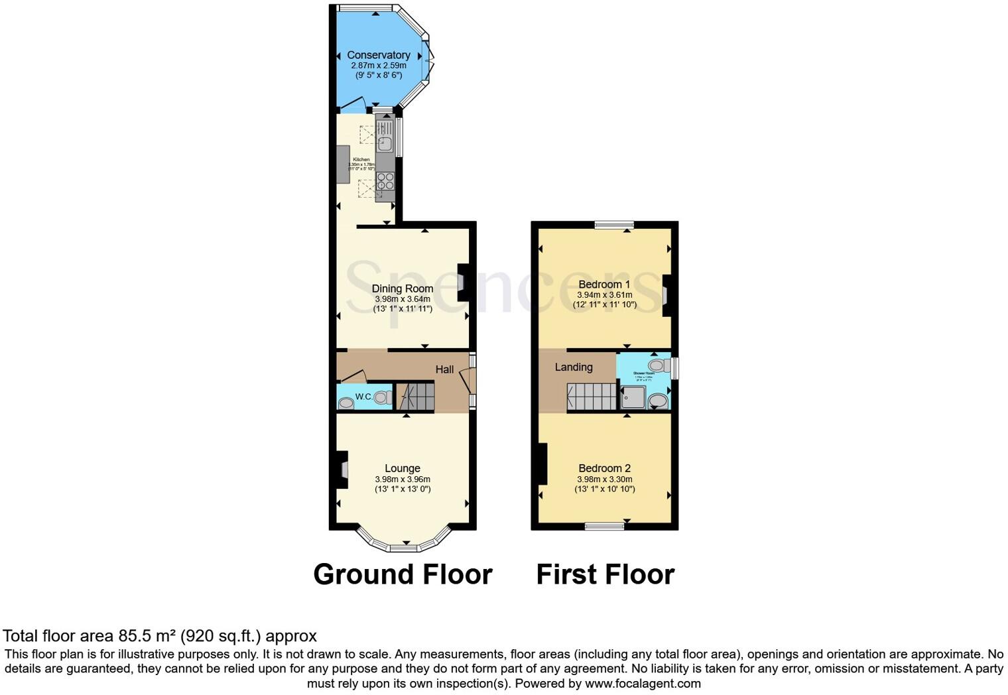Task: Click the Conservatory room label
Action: click(378, 55)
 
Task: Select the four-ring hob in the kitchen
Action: click(385, 181)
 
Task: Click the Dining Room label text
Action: click(402, 288)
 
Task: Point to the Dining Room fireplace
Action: click(463, 281)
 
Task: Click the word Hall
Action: click(444, 369)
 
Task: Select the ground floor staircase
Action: click(416, 396)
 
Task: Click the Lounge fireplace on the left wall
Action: click(342, 470)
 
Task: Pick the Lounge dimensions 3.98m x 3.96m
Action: click(402, 479)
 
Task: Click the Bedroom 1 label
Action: click(604, 284)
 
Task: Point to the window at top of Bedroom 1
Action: click(613, 225)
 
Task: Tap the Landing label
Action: click(574, 367)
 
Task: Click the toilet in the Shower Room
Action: click(658, 365)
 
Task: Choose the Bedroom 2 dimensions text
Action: click(604, 484)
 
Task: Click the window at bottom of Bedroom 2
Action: click(604, 527)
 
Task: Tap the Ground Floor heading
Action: click(403, 574)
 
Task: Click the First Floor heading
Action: click(605, 574)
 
